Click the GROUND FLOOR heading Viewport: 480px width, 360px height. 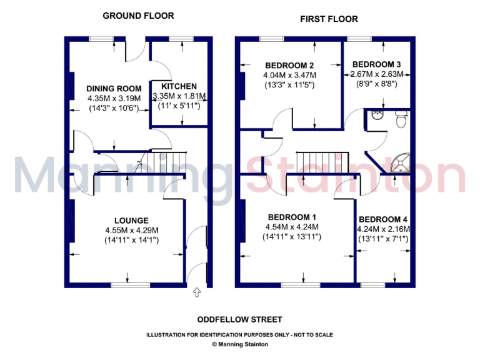pyautogui.click(x=138, y=16)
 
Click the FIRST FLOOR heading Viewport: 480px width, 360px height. pyautogui.click(x=329, y=19)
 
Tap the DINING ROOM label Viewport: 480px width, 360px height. pyautogui.click(x=114, y=89)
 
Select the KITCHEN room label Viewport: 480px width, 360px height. pyautogui.click(x=179, y=86)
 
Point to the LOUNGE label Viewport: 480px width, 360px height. pyautogui.click(x=131, y=220)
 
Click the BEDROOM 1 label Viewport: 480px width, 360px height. pyautogui.click(x=292, y=217)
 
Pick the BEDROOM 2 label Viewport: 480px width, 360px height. pyautogui.click(x=289, y=66)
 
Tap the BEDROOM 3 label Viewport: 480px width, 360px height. pyautogui.click(x=376, y=64)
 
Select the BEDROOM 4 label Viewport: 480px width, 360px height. pyautogui.click(x=383, y=219)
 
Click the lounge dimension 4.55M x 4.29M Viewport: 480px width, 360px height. pyautogui.click(x=131, y=230)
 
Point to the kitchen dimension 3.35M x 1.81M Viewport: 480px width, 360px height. pyautogui.click(x=179, y=96)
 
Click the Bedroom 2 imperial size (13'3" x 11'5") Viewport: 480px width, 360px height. pyautogui.click(x=289, y=85)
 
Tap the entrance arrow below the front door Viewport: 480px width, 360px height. pyautogui.click(x=197, y=291)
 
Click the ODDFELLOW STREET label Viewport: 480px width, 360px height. pyautogui.click(x=239, y=319)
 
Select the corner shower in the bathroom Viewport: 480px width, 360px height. pyautogui.click(x=399, y=162)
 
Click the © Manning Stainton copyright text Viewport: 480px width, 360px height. pyautogui.click(x=239, y=344)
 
